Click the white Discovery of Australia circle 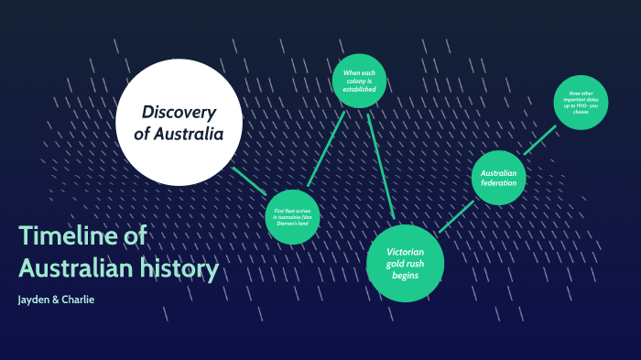179,122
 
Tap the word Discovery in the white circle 179,112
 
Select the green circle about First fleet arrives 292,216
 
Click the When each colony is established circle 359,81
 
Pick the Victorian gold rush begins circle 404,263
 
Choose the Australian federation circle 499,178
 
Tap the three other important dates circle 581,102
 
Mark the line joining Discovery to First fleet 249,180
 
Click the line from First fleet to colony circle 326,148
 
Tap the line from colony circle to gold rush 380,165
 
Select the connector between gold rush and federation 456,216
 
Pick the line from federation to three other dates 539,140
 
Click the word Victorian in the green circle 404,252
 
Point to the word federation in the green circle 499,183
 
